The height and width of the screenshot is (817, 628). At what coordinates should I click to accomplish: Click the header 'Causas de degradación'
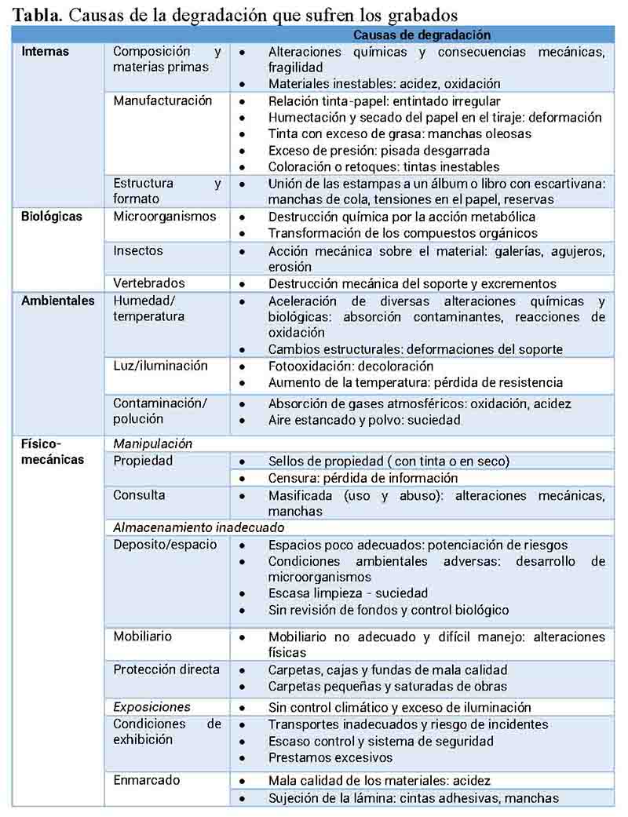pyautogui.click(x=422, y=35)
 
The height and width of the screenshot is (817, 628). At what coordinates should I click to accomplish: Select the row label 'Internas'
pyautogui.click(x=46, y=52)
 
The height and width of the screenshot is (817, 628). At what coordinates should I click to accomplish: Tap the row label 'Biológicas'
pyautogui.click(x=52, y=217)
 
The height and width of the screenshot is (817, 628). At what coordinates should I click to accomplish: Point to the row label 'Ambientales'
pyautogui.click(x=58, y=301)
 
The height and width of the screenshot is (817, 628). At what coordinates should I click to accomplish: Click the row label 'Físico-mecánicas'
pyautogui.click(x=53, y=451)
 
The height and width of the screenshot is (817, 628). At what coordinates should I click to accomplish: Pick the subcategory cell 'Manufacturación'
pyautogui.click(x=162, y=101)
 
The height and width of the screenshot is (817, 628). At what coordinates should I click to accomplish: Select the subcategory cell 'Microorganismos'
pyautogui.click(x=164, y=217)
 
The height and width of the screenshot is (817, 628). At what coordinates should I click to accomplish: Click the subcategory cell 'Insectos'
pyautogui.click(x=138, y=250)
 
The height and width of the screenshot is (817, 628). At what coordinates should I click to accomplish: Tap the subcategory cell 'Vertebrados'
pyautogui.click(x=149, y=283)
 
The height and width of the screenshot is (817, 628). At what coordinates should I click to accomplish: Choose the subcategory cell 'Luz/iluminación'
pyautogui.click(x=161, y=366)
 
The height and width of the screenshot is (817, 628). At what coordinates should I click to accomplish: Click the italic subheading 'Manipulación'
pyautogui.click(x=152, y=443)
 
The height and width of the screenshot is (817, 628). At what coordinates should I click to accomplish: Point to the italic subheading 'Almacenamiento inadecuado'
pyautogui.click(x=199, y=528)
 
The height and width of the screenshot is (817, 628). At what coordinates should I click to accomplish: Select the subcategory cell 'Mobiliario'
pyautogui.click(x=142, y=636)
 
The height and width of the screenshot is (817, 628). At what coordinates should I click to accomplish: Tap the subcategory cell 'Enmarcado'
pyautogui.click(x=147, y=781)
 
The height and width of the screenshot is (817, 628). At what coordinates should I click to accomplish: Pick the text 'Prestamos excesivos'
pyautogui.click(x=330, y=758)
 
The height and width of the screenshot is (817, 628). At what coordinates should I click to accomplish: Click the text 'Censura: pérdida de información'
pyautogui.click(x=363, y=478)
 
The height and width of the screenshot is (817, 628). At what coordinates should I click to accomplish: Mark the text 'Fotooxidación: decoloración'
pyautogui.click(x=351, y=367)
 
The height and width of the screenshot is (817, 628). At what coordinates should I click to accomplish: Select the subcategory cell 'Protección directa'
pyautogui.click(x=166, y=670)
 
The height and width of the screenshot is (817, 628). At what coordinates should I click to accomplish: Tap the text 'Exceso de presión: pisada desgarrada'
pyautogui.click(x=378, y=151)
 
